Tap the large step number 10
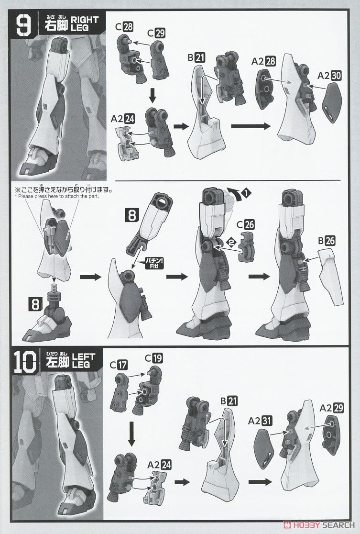[x=25, y=362]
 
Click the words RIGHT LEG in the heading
[x=85, y=24]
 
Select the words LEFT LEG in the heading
[x=83, y=361]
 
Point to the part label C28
[x=124, y=27]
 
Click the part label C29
[x=156, y=33]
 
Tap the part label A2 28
[x=263, y=61]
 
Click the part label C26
[x=246, y=225]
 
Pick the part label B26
[x=327, y=241]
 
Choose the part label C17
[x=119, y=365]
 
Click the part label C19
[x=154, y=358]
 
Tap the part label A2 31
[x=260, y=421]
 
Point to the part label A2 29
[x=331, y=408]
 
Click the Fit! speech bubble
[x=154, y=262]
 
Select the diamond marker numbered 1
[x=246, y=194]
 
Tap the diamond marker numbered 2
[x=231, y=243]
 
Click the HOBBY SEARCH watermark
[x=319, y=525]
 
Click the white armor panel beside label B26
[x=331, y=276]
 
